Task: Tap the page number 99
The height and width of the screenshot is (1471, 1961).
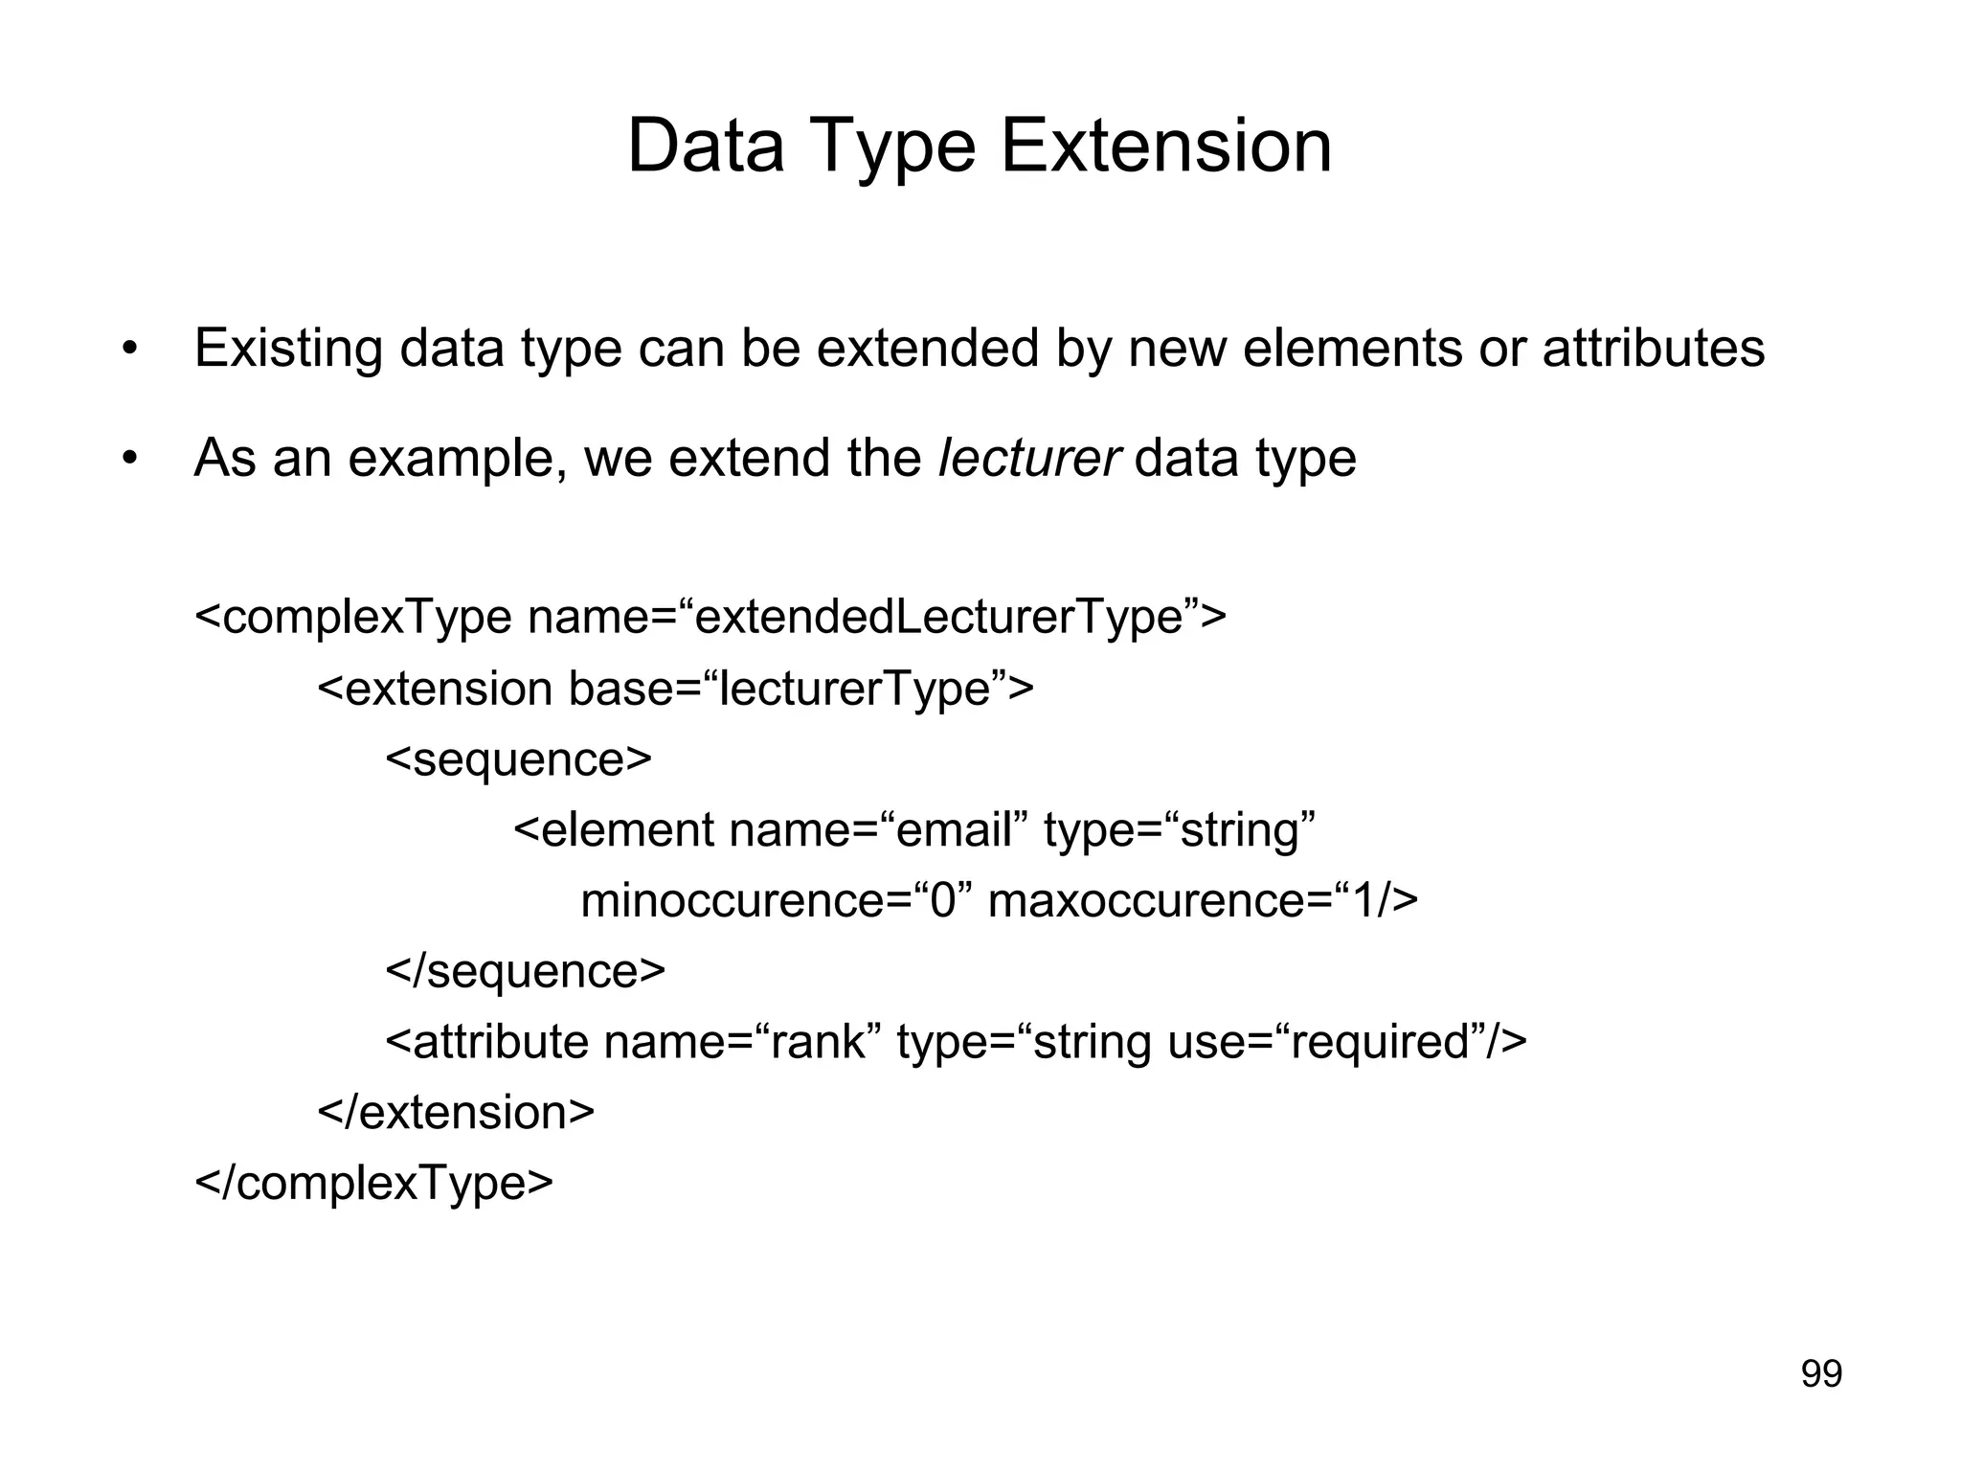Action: pyautogui.click(x=1821, y=1374)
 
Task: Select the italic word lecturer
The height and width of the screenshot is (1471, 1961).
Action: pyautogui.click(x=1028, y=458)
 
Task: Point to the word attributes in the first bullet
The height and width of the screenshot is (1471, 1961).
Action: pyautogui.click(x=1653, y=348)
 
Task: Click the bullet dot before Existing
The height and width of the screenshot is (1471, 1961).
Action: pyautogui.click(x=130, y=350)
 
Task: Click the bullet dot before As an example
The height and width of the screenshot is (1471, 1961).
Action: pyautogui.click(x=130, y=460)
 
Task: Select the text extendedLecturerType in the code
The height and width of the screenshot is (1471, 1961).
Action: pyautogui.click(x=938, y=618)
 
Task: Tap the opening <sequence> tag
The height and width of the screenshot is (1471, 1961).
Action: pyautogui.click(x=518, y=759)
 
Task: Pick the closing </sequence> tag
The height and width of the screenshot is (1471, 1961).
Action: pyautogui.click(x=525, y=971)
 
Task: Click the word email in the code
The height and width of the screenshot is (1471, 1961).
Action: pyautogui.click(x=953, y=829)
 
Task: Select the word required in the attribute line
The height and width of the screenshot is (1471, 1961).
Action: pyautogui.click(x=1380, y=1042)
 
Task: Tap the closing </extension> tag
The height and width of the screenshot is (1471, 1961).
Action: pyautogui.click(x=456, y=1113)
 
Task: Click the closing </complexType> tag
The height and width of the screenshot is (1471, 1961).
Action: pyautogui.click(x=373, y=1184)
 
